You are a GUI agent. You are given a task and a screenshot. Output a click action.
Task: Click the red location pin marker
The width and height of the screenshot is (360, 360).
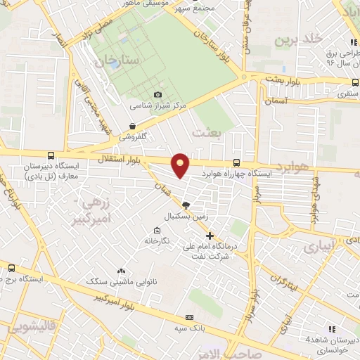[x=181, y=165]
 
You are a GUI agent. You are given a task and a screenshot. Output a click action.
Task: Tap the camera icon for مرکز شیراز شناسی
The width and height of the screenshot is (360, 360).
[x=158, y=94]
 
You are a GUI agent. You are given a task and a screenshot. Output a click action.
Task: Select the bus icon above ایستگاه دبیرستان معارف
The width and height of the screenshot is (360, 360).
[x=50, y=156]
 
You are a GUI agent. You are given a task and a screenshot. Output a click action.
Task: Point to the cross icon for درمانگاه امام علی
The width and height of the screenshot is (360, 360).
[x=210, y=235]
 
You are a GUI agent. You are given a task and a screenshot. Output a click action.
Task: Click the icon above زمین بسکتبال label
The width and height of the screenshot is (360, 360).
[x=186, y=205]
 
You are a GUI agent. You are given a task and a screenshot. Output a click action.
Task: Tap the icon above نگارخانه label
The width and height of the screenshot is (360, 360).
[x=157, y=230]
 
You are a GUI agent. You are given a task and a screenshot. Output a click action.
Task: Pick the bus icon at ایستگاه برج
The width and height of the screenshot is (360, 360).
[x=12, y=268]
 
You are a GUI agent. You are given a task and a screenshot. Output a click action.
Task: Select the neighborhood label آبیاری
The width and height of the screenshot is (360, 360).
[x=302, y=249]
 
